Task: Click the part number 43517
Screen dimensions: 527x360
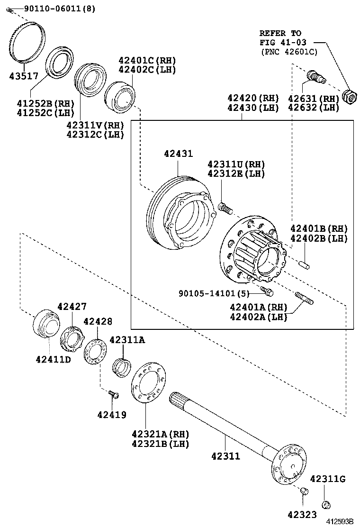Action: tap(23, 75)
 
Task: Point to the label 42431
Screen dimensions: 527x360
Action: tap(179, 154)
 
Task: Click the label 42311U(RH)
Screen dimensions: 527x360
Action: tap(236, 164)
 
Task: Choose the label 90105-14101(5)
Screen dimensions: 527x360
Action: tap(214, 294)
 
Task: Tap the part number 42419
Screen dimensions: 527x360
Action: tap(112, 415)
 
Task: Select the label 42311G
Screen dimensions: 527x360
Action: tap(328, 479)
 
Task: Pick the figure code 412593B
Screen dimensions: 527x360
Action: tap(339, 521)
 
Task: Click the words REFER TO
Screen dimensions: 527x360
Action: tap(280, 33)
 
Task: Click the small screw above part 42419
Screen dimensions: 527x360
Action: tap(113, 394)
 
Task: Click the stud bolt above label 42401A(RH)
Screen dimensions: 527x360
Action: tap(304, 299)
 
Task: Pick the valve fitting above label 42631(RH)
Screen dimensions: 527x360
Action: tap(315, 76)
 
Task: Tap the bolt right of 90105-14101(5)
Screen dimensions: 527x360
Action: tap(267, 289)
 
